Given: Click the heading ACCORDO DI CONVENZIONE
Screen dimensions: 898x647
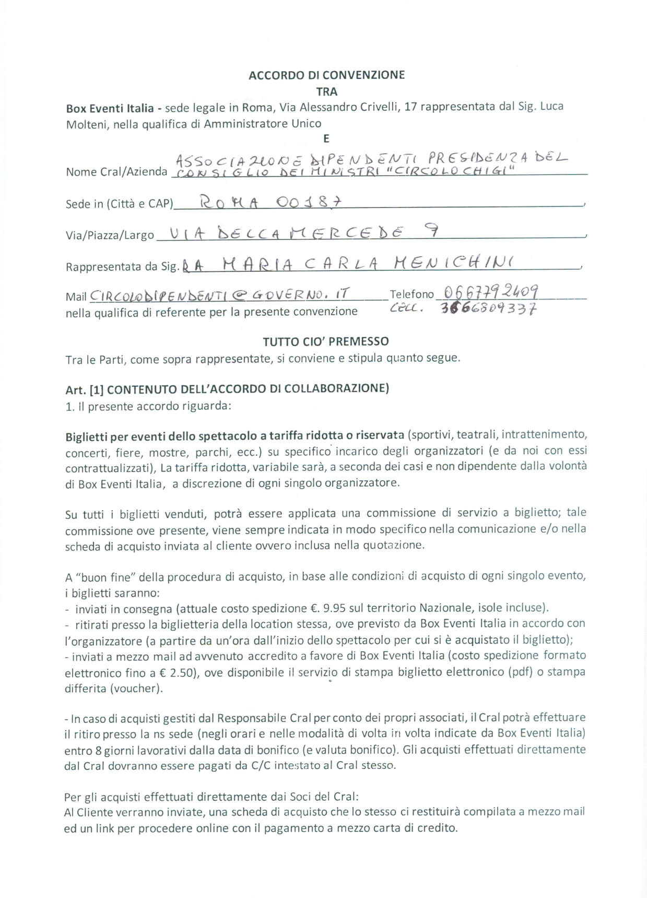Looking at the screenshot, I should (x=326, y=75).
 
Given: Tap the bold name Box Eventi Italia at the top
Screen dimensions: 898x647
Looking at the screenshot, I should (x=110, y=108).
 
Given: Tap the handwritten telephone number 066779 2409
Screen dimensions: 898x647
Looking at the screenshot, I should (x=491, y=292).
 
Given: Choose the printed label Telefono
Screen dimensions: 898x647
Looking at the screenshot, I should (x=412, y=294).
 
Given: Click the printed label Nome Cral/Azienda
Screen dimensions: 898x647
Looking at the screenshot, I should (x=116, y=172).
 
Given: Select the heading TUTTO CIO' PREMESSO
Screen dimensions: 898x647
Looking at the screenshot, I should (x=326, y=341).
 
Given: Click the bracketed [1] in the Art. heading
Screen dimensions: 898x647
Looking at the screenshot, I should (x=97, y=389).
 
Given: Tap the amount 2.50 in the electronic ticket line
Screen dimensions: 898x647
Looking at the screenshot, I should (x=184, y=672).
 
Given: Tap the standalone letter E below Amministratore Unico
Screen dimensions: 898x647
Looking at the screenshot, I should (x=326, y=139).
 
